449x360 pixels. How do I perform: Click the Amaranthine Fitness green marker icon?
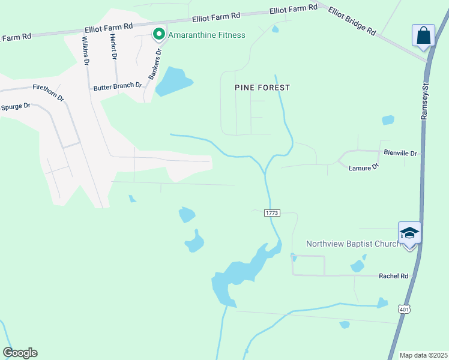tap(159, 34)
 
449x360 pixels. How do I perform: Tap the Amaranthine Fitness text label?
tap(206, 35)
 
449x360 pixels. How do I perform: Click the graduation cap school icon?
tap(409, 233)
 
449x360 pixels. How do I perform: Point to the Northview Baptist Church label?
tap(353, 244)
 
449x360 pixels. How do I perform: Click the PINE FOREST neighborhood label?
tap(262, 88)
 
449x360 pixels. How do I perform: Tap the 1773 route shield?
tap(272, 214)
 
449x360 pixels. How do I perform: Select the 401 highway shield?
tap(405, 309)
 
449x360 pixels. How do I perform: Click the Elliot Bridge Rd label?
tap(352, 22)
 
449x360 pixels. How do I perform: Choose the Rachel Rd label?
tap(393, 276)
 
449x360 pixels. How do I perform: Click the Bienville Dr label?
tap(400, 154)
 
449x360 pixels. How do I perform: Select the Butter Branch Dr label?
tap(118, 86)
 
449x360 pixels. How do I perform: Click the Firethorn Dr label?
tap(48, 92)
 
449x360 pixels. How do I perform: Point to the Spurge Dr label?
tap(16, 107)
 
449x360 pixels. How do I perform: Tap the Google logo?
tap(20, 353)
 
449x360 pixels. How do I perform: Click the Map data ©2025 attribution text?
tap(423, 355)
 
